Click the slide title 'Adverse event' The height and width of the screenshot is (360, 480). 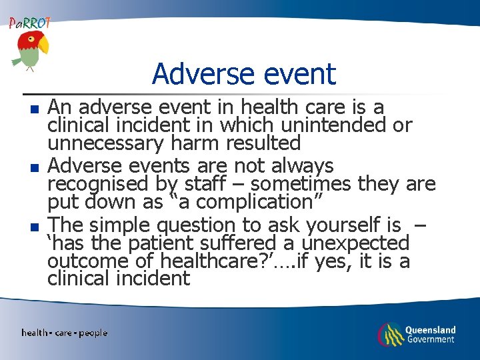pyautogui.click(x=243, y=73)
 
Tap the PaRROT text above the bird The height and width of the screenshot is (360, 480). pyautogui.click(x=29, y=23)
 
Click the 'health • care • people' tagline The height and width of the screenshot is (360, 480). pyautogui.click(x=64, y=333)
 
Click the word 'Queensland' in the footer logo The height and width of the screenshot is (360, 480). pyautogui.click(x=431, y=329)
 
